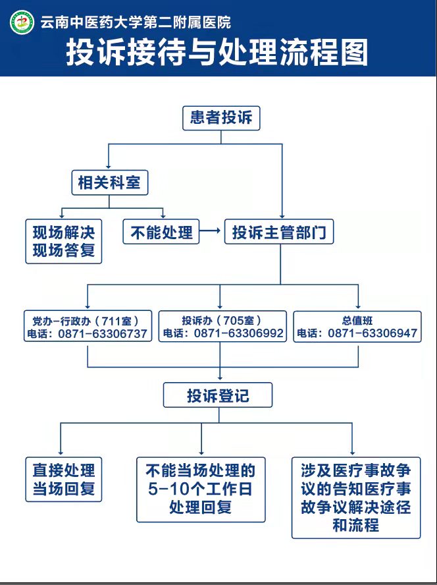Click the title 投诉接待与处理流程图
(217, 53)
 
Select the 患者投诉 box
(221, 118)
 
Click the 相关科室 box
(109, 181)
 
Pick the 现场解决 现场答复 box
(64, 241)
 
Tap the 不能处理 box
(161, 232)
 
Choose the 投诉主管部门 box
(279, 233)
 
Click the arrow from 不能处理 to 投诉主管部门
(211, 232)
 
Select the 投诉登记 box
(217, 395)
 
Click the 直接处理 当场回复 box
(64, 479)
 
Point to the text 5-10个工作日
(201, 489)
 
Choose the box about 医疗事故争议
(356, 497)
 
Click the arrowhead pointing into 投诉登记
(219, 379)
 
